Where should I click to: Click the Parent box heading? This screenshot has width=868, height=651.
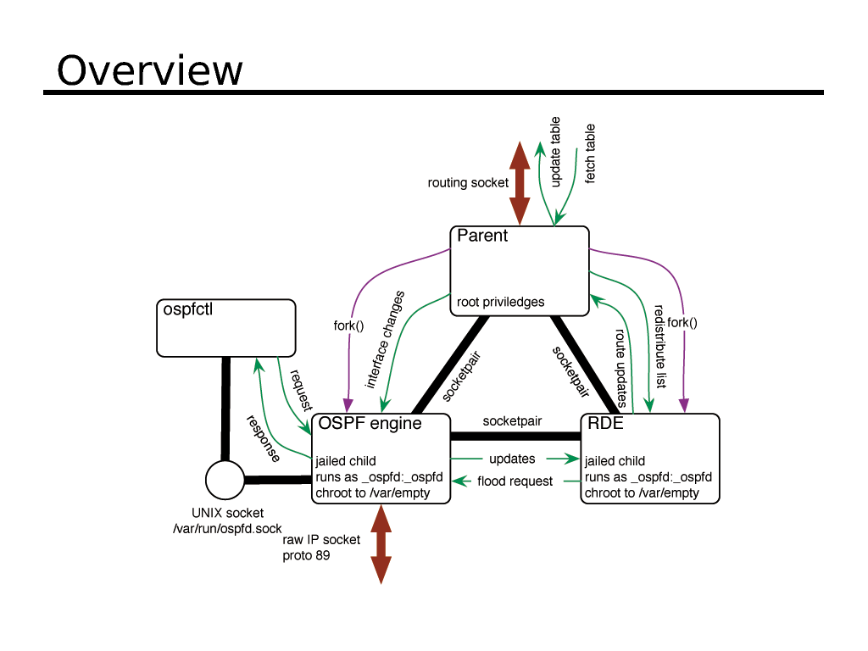pos(482,236)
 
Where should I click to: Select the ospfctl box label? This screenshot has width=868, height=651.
pos(187,309)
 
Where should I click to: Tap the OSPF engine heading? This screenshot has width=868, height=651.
pos(370,423)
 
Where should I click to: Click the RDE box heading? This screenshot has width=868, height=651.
pos(605,423)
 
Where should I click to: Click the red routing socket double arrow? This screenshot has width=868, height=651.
pos(520,183)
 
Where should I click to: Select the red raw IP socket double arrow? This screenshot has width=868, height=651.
pos(381,543)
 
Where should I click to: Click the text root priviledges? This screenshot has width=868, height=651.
pos(500,302)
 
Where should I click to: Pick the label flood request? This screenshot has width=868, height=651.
pos(515,481)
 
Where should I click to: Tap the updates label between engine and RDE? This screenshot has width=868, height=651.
pos(512,459)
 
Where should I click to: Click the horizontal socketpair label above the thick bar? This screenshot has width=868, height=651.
pos(512,420)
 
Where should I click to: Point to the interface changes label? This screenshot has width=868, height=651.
pos(385,340)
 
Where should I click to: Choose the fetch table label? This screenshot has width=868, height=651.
pos(590,153)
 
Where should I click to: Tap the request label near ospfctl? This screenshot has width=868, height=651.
pos(302,391)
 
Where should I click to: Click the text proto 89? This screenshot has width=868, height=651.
pos(306,556)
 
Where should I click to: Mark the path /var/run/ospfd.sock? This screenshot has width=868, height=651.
pos(226,529)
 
